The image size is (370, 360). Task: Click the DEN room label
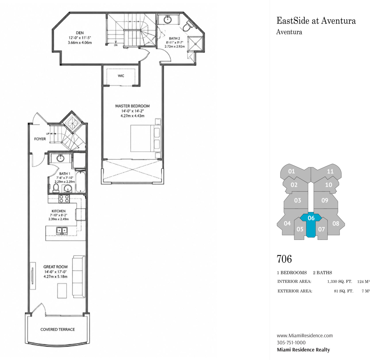pyautogui.click(x=80, y=33)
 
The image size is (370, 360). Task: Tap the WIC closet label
pyautogui.click(x=121, y=76)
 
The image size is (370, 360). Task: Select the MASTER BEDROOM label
pyautogui.click(x=132, y=106)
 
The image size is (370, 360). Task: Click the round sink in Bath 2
pyautogui.click(x=168, y=19)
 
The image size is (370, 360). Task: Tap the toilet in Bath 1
pyautogui.click(x=56, y=188)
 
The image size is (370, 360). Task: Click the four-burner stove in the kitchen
pyautogui.click(x=64, y=199)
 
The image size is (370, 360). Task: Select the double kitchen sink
pyautogui.click(x=61, y=230)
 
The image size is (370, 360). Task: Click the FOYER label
pyautogui.click(x=40, y=139)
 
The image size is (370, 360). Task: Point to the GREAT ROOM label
pyautogui.click(x=55, y=267)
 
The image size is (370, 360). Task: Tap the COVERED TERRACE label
pyautogui.click(x=58, y=329)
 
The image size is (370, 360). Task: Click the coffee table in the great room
pyautogui.click(x=62, y=290)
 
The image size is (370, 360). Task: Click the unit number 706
pyautogui.click(x=284, y=259)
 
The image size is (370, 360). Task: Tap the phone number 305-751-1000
pyautogui.click(x=291, y=343)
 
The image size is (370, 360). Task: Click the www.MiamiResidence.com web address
pyautogui.click(x=305, y=335)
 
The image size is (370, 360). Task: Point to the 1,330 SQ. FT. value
pyautogui.click(x=340, y=281)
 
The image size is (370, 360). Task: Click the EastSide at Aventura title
pyautogui.click(x=316, y=21)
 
